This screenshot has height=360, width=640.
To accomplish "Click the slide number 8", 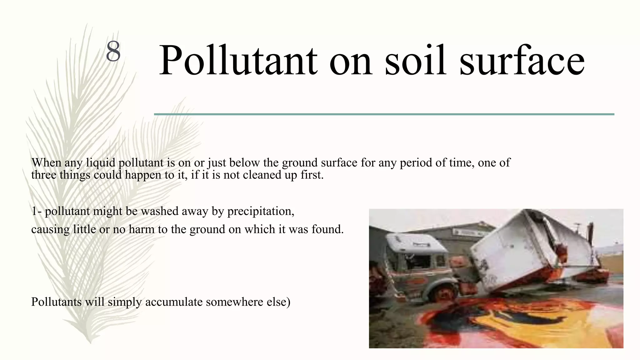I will click(113, 52).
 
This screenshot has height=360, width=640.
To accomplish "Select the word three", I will click(44, 175).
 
